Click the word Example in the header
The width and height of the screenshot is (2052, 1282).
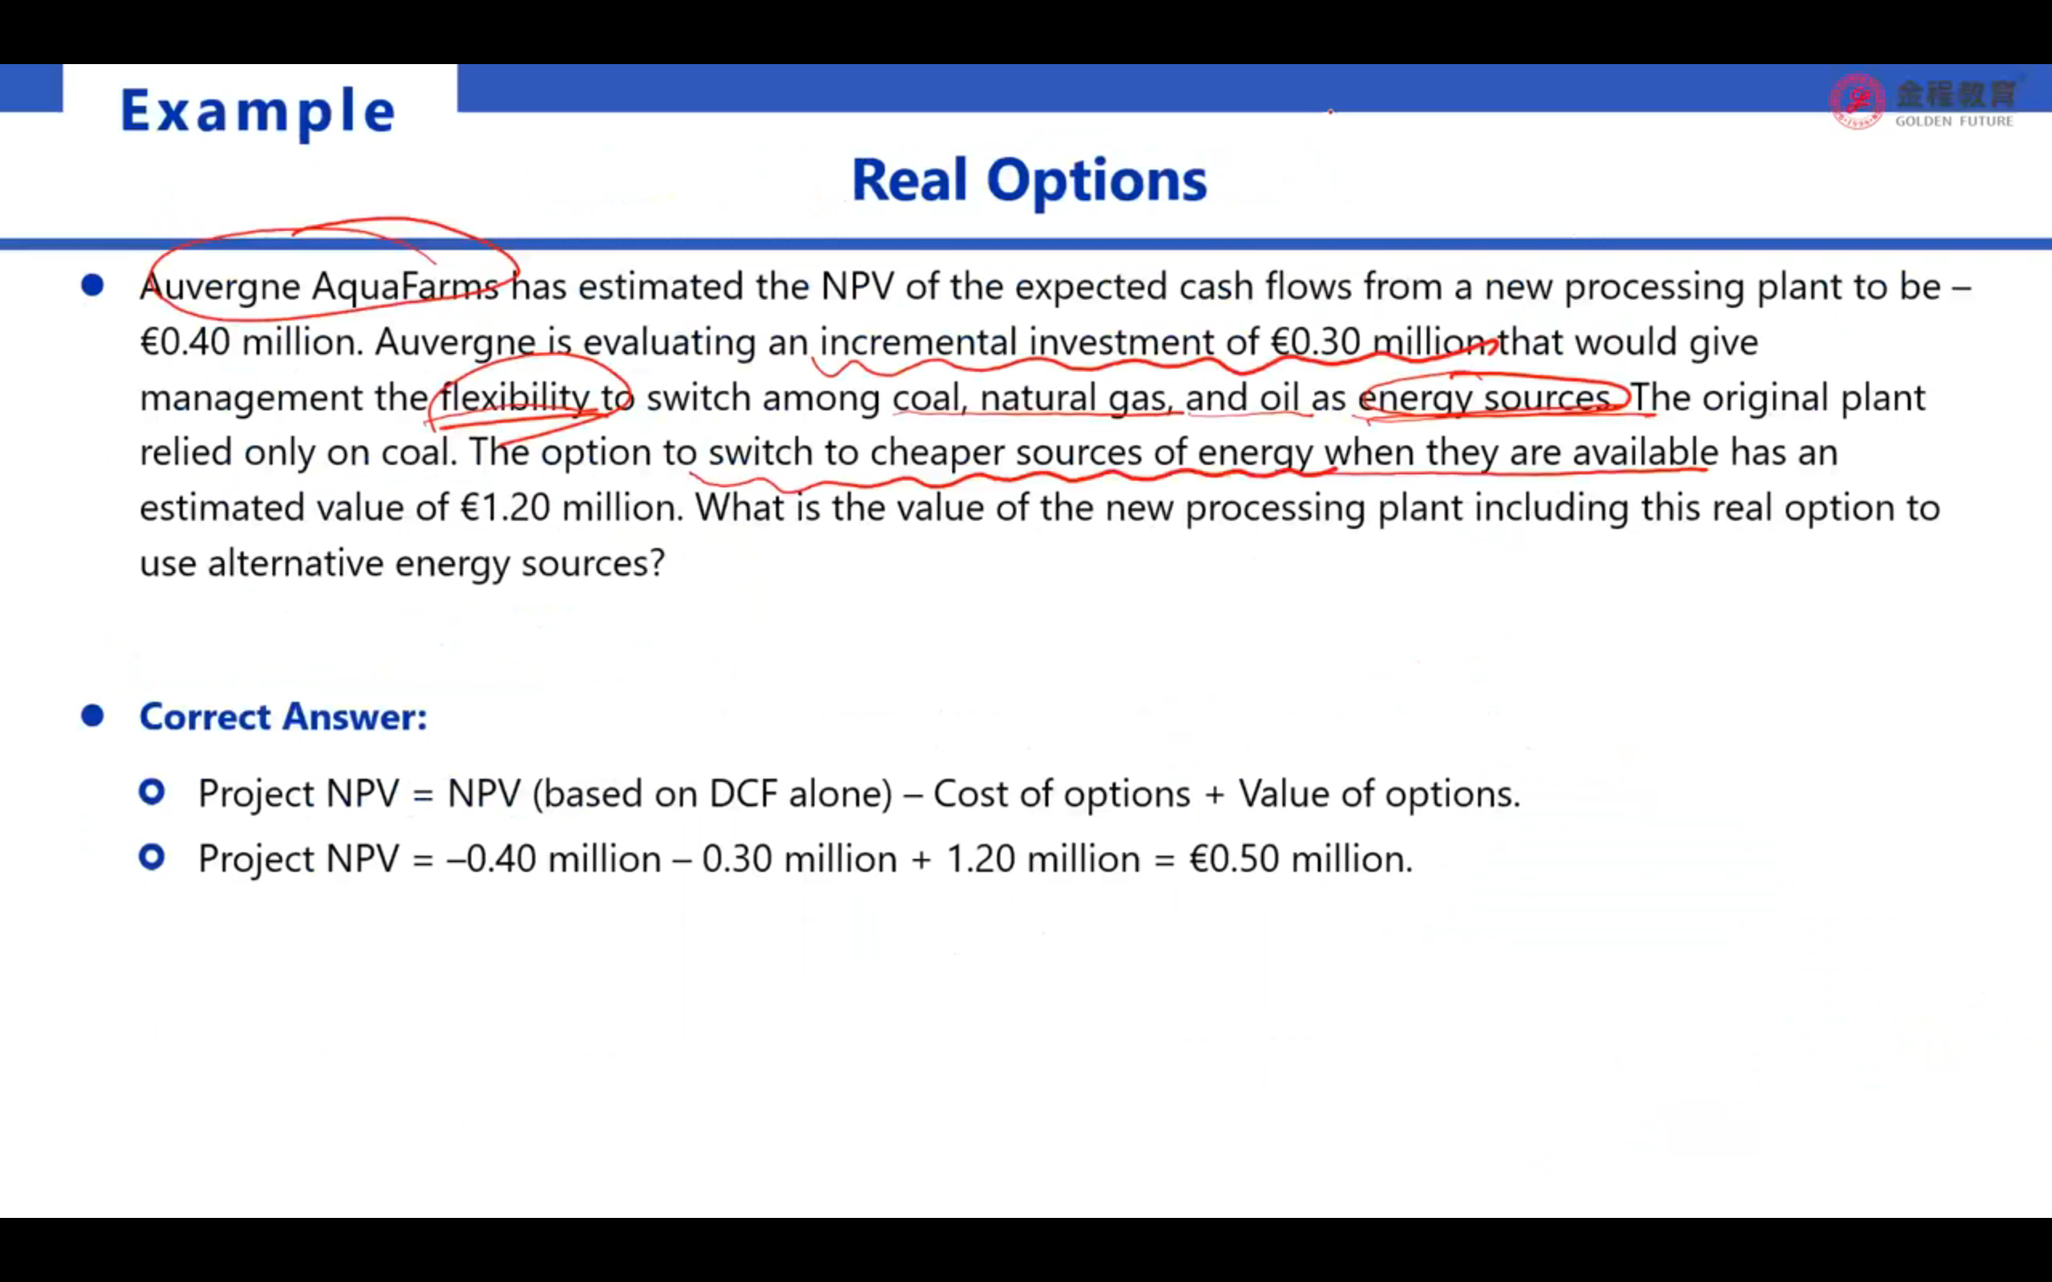tap(258, 111)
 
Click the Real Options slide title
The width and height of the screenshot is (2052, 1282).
tap(1028, 180)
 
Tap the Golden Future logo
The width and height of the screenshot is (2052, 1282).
tap(1922, 102)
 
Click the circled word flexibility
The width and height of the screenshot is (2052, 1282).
tap(515, 397)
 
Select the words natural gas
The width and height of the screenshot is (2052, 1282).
tap(1076, 397)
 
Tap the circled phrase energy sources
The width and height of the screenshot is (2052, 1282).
tap(1485, 398)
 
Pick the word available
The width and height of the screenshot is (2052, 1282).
tap(1645, 452)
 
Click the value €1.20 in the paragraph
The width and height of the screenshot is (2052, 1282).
tap(505, 508)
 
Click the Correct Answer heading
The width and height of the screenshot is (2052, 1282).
tap(283, 716)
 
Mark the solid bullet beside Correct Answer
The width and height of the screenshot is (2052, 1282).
tap(92, 716)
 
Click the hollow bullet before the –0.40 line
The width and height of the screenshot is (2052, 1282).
tap(151, 857)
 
